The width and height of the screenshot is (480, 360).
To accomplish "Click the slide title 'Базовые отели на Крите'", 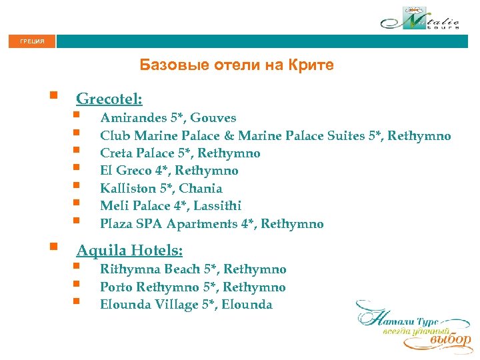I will [x=237, y=65].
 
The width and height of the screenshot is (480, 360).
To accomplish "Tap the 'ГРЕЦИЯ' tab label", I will [x=33, y=42].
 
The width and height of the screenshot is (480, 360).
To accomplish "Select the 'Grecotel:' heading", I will [x=109, y=99].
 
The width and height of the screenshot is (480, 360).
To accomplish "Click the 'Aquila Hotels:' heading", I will [x=129, y=251].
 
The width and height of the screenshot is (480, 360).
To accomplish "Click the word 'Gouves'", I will [x=213, y=118].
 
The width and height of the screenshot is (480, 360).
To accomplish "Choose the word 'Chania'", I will [x=201, y=189].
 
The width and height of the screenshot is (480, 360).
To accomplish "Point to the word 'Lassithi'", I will [x=219, y=206].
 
